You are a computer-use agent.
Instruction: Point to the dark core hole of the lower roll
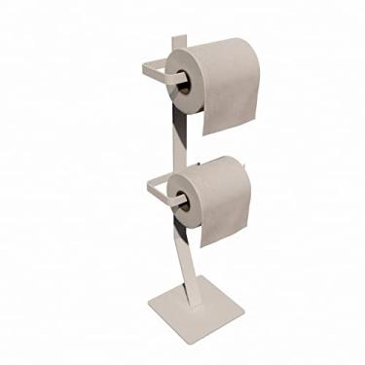coord(180,200)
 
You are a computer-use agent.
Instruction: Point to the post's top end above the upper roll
coord(177,39)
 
